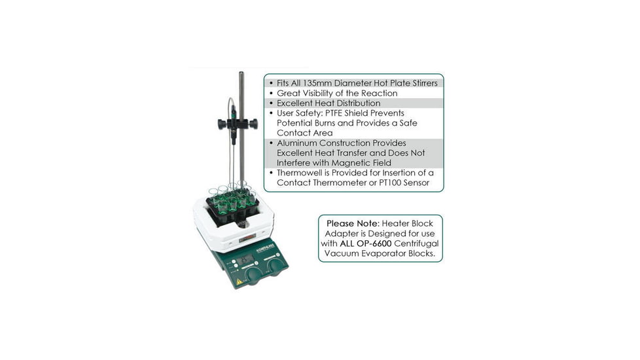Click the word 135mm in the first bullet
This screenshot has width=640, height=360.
(x=317, y=83)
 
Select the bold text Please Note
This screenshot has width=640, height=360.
(x=353, y=224)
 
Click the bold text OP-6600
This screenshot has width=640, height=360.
(x=375, y=243)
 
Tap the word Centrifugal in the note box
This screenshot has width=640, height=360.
(x=416, y=243)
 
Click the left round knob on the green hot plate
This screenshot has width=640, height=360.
(x=253, y=276)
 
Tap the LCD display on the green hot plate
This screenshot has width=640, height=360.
(x=245, y=259)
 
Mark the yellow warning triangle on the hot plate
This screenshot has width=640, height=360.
(x=240, y=281)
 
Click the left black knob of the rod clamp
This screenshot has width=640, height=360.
(x=222, y=124)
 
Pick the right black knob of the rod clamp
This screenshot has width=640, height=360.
(x=253, y=123)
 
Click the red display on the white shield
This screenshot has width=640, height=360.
(x=247, y=238)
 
